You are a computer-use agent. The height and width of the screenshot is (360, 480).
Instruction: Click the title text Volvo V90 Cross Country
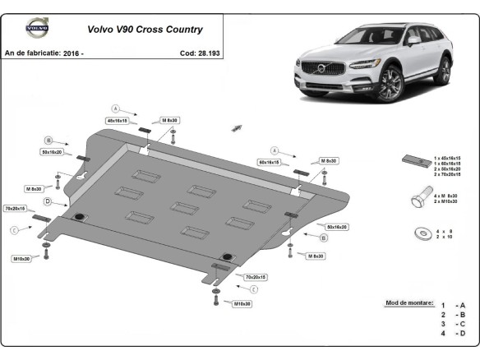[x=132, y=30]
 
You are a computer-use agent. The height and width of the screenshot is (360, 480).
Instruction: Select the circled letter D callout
[x=48, y=201]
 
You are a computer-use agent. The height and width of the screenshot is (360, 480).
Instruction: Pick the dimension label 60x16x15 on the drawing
[x=269, y=163]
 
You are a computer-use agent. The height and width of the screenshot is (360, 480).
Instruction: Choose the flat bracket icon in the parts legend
[x=413, y=160]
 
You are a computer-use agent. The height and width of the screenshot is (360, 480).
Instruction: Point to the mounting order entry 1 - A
[x=452, y=305]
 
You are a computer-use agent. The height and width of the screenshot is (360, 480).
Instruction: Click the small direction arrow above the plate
[x=238, y=127]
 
